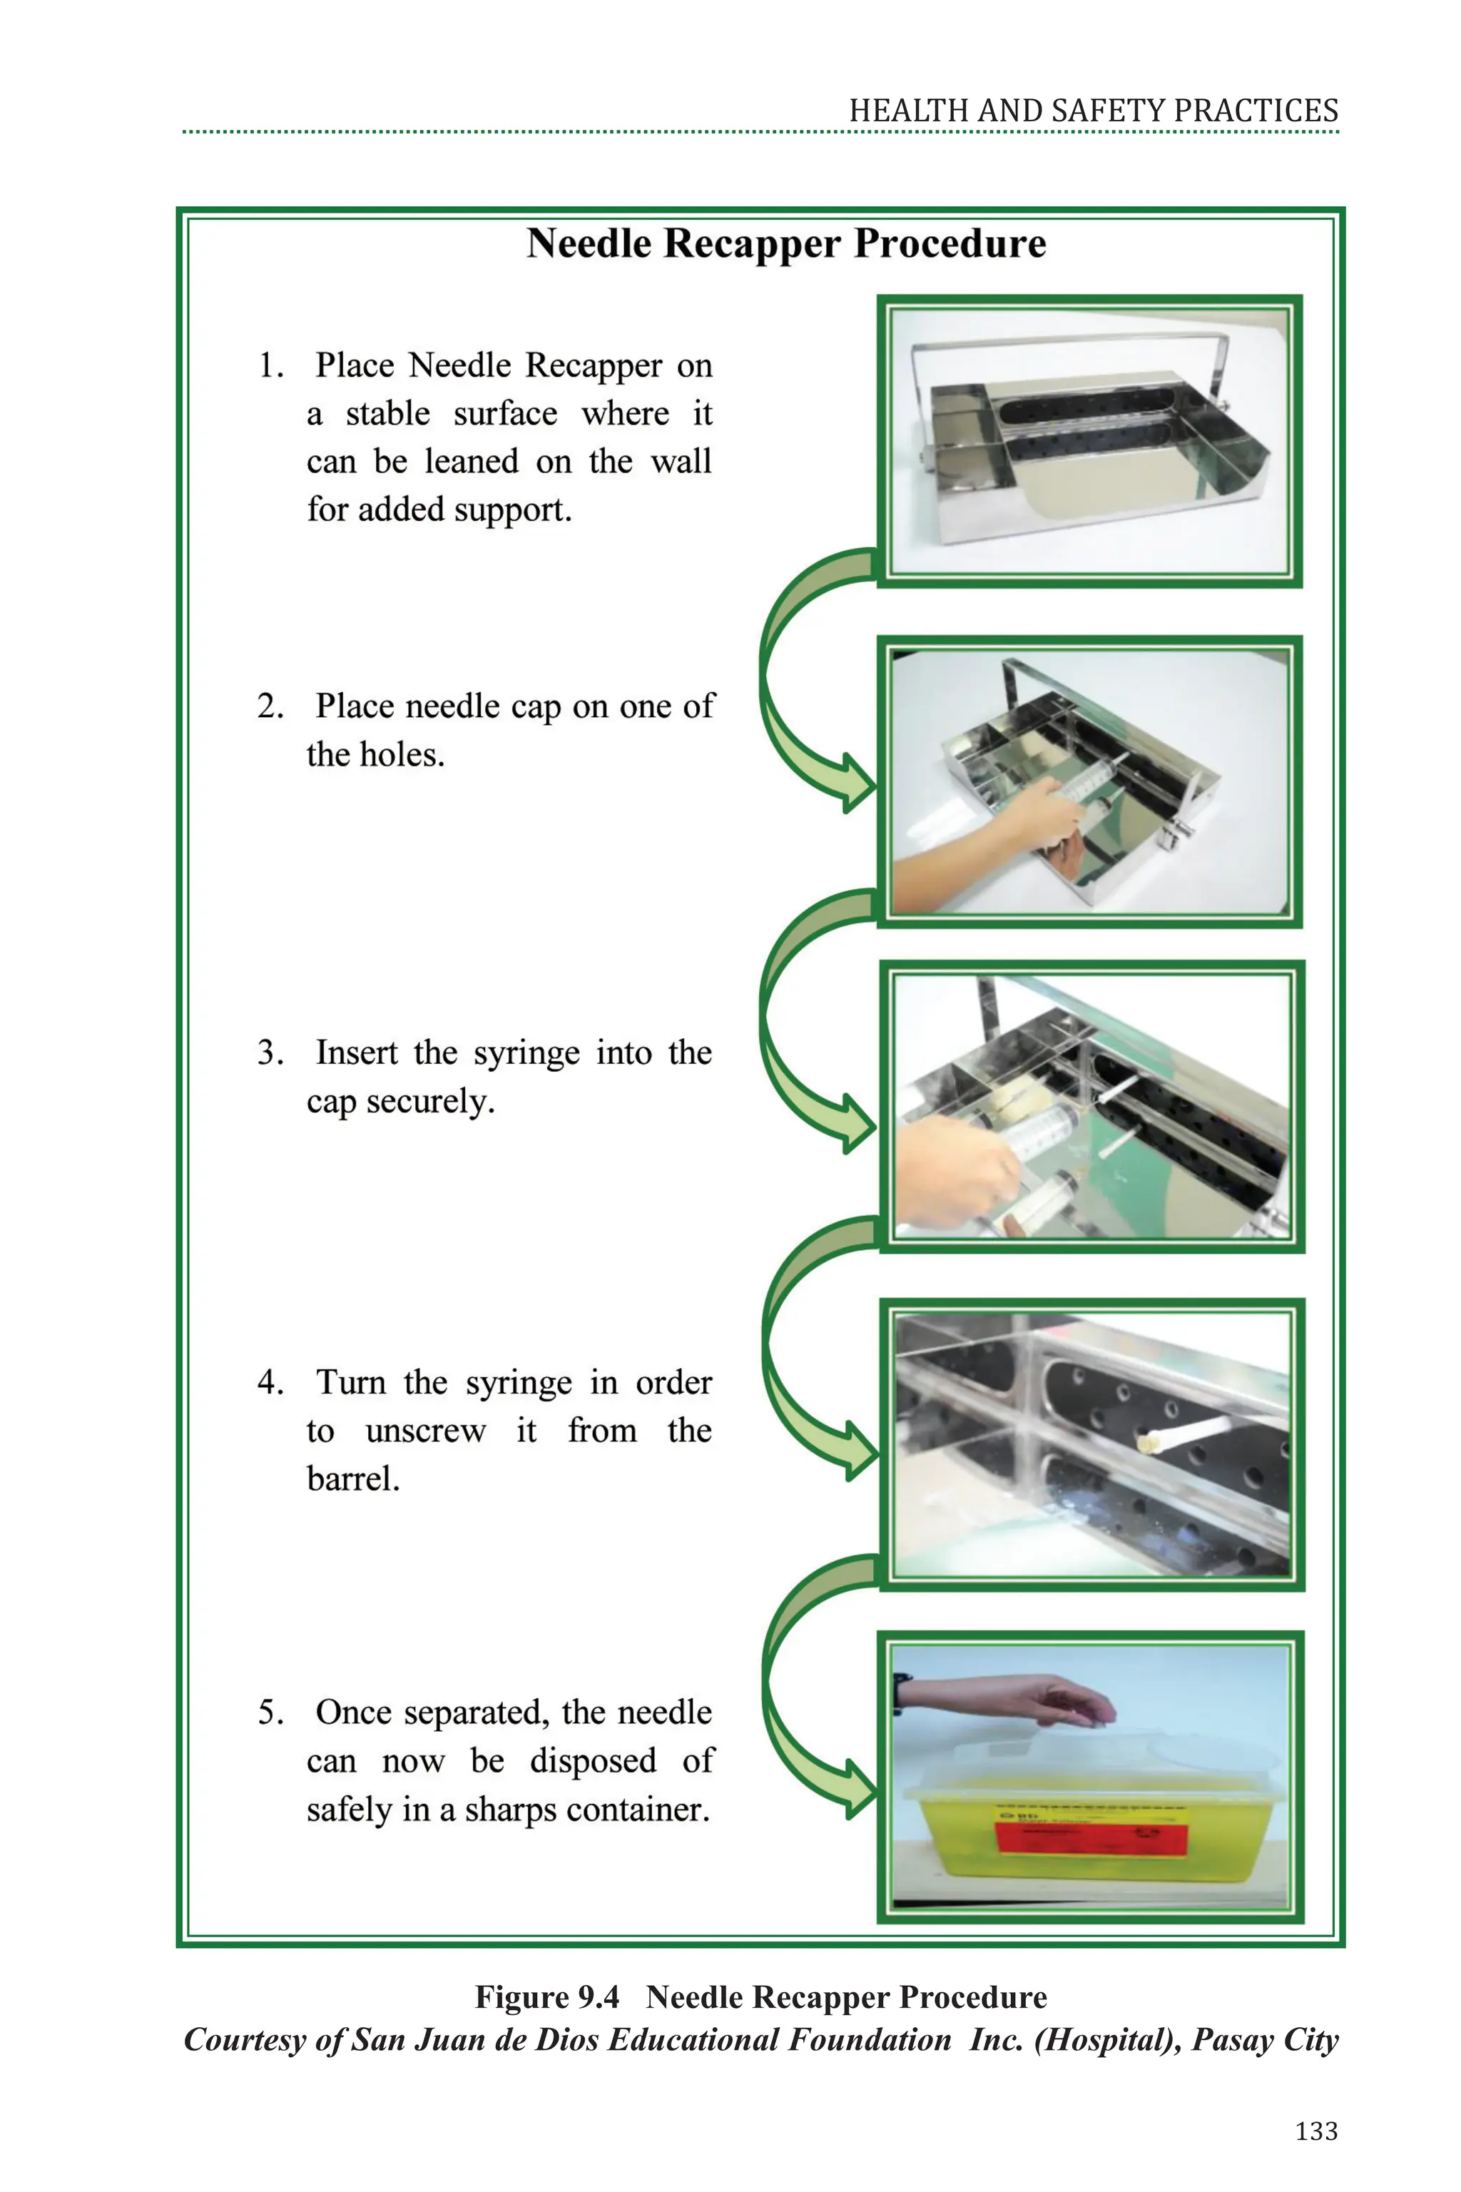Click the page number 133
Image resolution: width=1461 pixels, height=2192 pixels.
click(x=1315, y=2131)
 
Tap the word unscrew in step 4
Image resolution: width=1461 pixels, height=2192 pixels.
click(x=425, y=1431)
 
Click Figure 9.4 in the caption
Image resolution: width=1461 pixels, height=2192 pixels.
click(x=547, y=1997)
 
